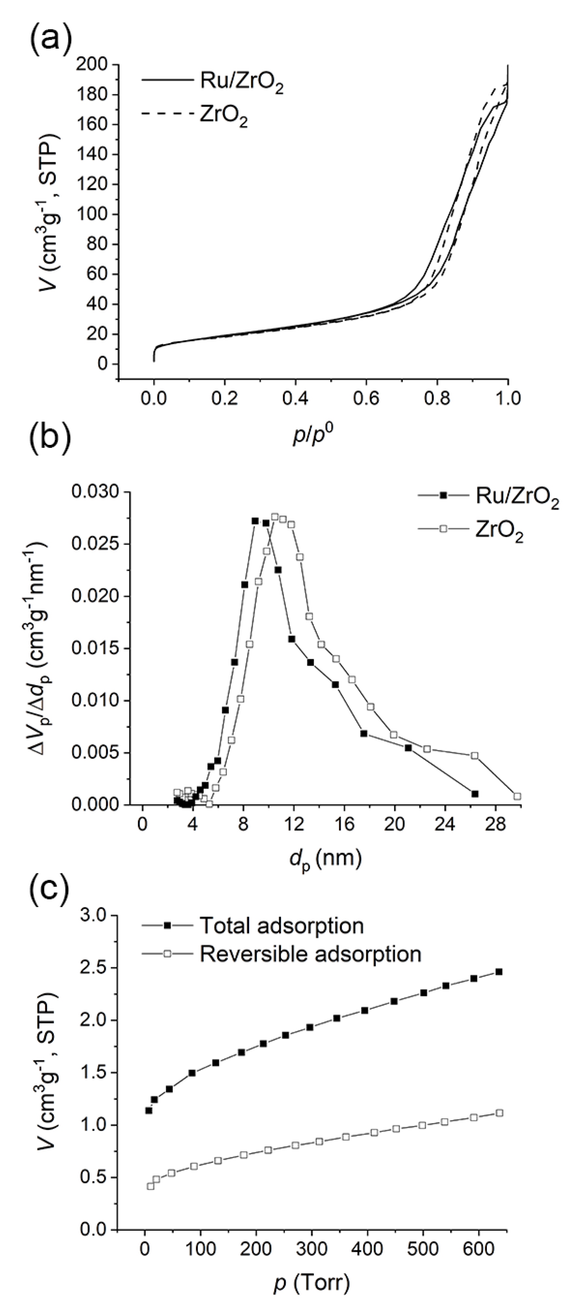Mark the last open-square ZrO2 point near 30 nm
click(517, 796)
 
